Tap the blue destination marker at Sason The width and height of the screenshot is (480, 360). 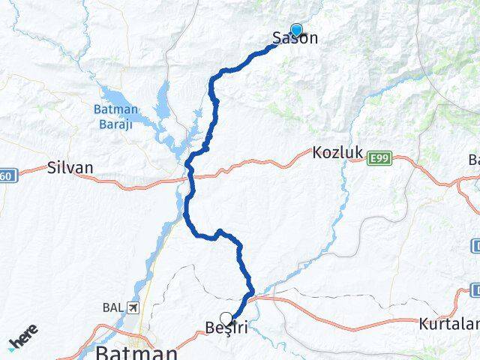pyautogui.click(x=296, y=30)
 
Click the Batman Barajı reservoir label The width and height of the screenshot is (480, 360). pyautogui.click(x=115, y=117)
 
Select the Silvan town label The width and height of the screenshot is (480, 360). pyautogui.click(x=70, y=167)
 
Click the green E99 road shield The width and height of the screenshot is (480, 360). pyautogui.click(x=379, y=157)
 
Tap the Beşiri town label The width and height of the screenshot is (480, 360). pyautogui.click(x=226, y=328)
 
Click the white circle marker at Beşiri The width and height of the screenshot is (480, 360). pyautogui.click(x=226, y=318)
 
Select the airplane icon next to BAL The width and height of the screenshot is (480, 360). pyautogui.click(x=133, y=307)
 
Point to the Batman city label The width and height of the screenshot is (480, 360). pyautogui.click(x=136, y=352)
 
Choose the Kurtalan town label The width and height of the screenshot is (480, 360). pyautogui.click(x=448, y=324)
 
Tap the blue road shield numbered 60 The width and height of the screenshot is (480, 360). pyautogui.click(x=6, y=175)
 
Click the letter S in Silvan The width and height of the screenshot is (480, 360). pyautogui.click(x=51, y=167)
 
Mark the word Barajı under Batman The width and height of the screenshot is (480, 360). pyautogui.click(x=115, y=124)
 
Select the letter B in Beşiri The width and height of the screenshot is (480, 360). pyautogui.click(x=209, y=328)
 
